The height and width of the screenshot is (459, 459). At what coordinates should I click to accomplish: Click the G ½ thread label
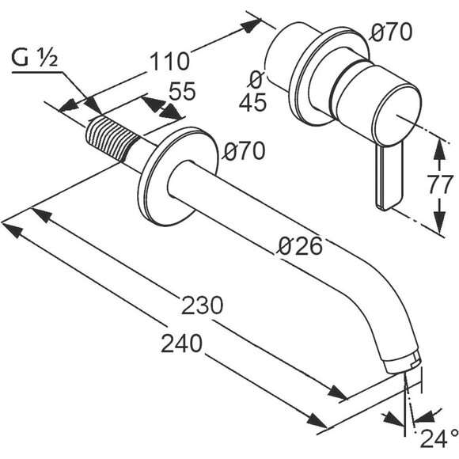[x=34, y=58]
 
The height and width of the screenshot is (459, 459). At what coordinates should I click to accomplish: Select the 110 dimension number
[x=170, y=62]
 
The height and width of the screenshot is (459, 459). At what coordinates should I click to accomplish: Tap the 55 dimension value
[x=182, y=91]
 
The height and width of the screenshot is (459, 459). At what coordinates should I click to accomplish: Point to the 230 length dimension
[x=203, y=305]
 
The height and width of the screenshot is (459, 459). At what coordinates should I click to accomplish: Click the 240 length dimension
[x=181, y=343]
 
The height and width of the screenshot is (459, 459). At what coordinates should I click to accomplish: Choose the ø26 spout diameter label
[x=300, y=245]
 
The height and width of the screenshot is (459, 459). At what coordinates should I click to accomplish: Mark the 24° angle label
[x=440, y=438]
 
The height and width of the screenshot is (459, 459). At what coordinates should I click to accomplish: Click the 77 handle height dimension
[x=439, y=184]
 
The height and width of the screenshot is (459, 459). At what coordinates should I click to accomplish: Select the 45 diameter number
[x=253, y=102]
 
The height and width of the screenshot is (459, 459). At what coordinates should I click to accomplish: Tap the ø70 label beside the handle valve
[x=391, y=32]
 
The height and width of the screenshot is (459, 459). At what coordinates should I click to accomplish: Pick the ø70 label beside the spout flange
[x=244, y=150]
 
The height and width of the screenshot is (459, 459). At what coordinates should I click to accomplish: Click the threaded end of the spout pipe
[x=112, y=138]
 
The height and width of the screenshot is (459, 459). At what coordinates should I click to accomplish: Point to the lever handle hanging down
[x=389, y=176]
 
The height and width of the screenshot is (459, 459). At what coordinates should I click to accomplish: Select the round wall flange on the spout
[x=178, y=176]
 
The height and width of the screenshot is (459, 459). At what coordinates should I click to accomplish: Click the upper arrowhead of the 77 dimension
[x=439, y=149]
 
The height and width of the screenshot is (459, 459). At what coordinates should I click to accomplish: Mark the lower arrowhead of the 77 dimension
[x=439, y=221]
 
